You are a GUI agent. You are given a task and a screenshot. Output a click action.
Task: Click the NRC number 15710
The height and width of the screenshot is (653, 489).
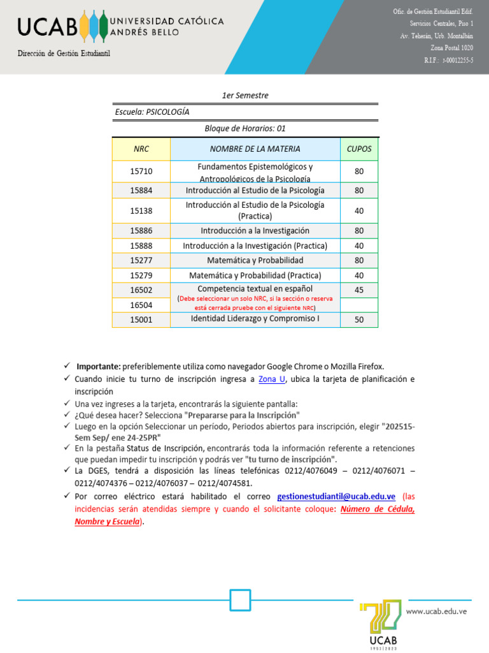coord(141,172)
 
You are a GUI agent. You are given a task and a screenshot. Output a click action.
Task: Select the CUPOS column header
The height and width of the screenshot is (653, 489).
coord(358,149)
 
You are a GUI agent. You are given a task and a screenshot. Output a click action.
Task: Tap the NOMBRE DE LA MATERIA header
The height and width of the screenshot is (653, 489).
coord(255,149)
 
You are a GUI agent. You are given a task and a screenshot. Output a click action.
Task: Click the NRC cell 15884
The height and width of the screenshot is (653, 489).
coord(141,191)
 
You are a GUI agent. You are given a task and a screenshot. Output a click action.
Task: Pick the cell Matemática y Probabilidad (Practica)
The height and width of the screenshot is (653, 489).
coord(255,275)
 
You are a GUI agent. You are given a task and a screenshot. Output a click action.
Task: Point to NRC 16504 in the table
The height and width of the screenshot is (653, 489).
coord(141,305)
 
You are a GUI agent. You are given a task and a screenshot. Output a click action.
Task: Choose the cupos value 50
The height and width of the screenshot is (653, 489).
coord(359,319)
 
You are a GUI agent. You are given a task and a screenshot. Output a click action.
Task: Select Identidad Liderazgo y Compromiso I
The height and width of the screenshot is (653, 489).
coord(255,318)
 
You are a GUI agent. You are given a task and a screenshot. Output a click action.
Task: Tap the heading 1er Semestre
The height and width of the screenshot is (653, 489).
coord(245,96)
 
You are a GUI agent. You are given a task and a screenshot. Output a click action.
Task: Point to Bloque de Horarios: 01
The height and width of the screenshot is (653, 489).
coord(245,128)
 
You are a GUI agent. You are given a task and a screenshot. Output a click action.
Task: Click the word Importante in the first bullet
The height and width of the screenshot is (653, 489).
coord(98,366)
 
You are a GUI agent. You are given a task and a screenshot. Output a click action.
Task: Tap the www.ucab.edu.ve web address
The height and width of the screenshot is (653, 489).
coord(437,611)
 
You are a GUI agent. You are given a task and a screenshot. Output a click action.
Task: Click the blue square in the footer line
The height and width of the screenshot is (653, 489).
coord(240,600)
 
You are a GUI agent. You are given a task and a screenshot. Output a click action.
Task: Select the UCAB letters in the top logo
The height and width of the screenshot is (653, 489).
coord(48,26)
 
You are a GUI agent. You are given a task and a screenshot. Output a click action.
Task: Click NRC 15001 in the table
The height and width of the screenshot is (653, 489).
coord(141,320)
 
